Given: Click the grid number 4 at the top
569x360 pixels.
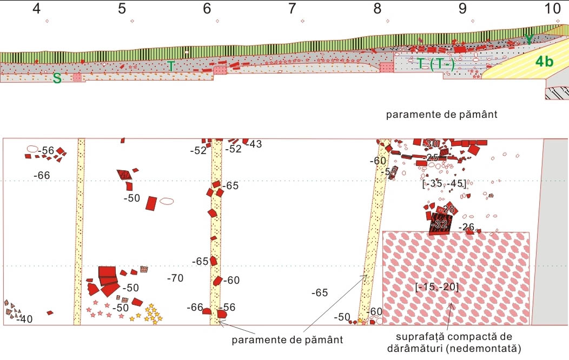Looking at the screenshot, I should point(37,8).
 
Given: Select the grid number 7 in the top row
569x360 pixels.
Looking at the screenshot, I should point(292,8).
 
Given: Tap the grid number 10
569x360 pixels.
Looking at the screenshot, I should point(553,8).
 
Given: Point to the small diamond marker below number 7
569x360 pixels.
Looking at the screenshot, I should point(303,22).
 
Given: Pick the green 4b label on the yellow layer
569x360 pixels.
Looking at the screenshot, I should point(544,62).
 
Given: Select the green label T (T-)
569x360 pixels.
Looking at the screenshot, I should point(436,64).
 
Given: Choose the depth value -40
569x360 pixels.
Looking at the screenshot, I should point(24,319).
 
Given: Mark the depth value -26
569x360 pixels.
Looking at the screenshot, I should point(466,227).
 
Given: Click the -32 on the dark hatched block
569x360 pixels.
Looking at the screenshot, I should point(441,223).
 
